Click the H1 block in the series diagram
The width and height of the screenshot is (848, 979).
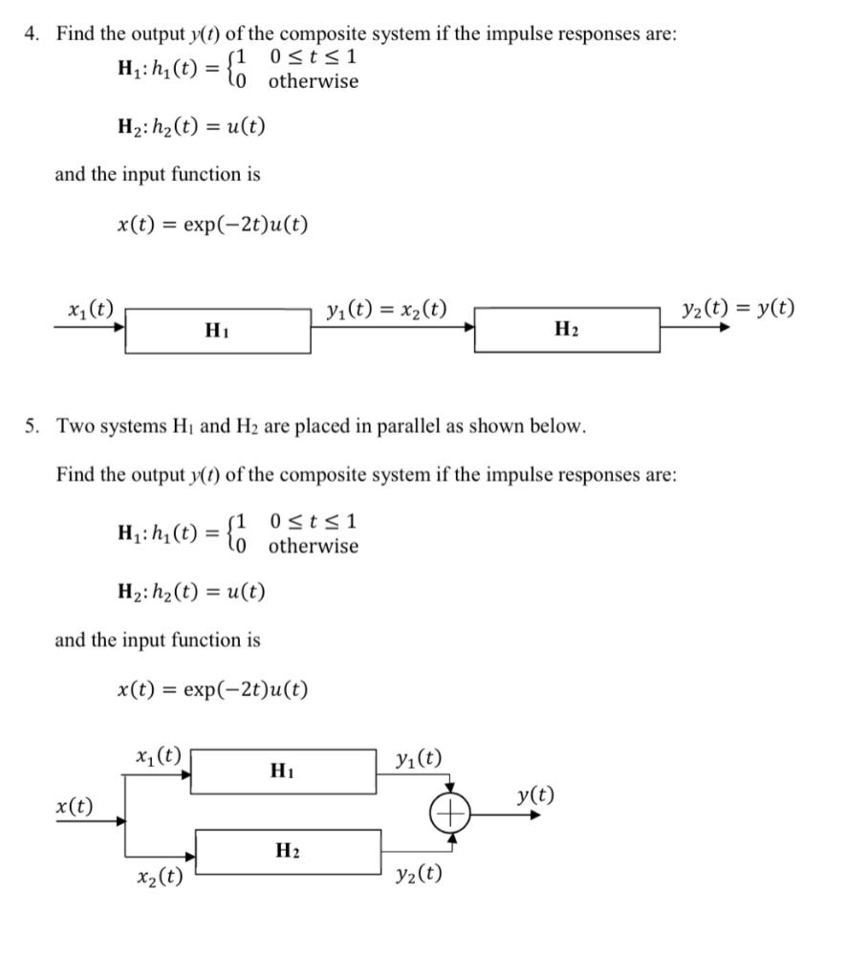[218, 331]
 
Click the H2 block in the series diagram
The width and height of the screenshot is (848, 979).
[566, 331]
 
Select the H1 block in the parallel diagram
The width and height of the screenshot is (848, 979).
[284, 771]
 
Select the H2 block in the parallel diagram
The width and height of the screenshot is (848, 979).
[288, 851]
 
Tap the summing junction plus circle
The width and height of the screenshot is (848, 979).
[451, 815]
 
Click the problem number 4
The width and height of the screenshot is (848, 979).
[32, 34]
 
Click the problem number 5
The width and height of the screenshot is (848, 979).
[32, 426]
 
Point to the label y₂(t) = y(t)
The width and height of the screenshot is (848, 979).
[738, 309]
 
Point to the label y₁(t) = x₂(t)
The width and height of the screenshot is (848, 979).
[386, 309]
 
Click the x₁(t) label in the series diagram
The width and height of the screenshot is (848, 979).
[92, 309]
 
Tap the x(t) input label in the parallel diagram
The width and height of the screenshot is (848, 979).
[76, 806]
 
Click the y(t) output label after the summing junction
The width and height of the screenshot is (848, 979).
[535, 795]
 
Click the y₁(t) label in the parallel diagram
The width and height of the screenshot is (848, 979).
[419, 759]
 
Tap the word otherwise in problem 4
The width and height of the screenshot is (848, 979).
[314, 81]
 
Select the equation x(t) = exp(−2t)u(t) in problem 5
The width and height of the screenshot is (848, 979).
[212, 689]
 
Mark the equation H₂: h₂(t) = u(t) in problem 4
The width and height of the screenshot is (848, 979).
[191, 126]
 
